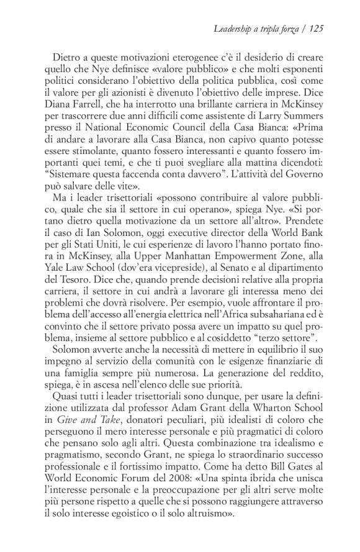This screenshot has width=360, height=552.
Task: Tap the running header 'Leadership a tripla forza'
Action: pos(259,28)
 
